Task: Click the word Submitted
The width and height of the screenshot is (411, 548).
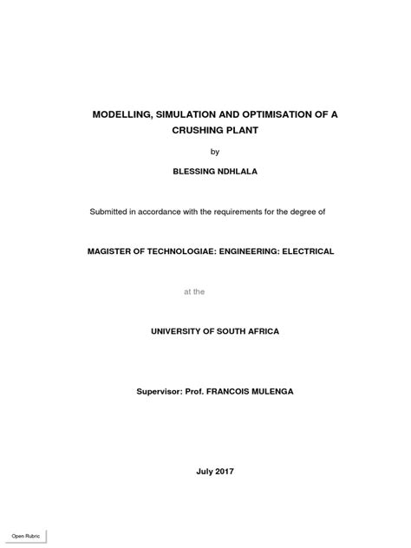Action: [111, 211]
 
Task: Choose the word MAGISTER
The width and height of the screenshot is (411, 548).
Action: [113, 251]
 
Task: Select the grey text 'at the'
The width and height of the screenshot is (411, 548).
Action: [194, 291]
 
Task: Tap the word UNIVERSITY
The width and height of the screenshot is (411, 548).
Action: [181, 331]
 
